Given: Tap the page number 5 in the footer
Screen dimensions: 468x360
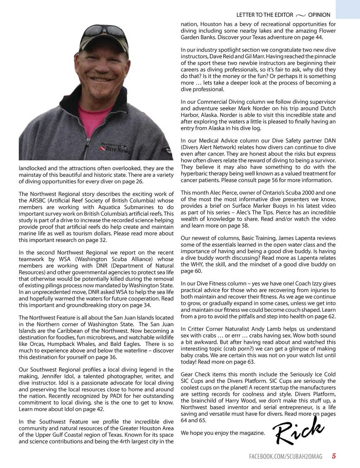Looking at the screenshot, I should coord(334,456).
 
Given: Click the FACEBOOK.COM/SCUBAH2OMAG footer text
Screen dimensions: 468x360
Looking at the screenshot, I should coord(285,456).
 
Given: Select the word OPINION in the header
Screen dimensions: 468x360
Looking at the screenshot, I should coord(319,15).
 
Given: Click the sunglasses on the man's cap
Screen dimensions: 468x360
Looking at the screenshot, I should coord(104,31).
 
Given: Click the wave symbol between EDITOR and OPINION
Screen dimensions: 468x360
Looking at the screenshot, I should coord(301,15).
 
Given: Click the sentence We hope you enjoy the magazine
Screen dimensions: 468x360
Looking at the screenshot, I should coord(223,433).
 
